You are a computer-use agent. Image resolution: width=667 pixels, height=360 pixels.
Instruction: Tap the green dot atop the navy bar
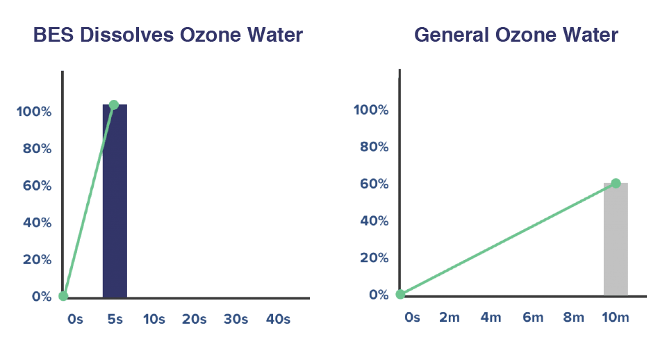click(114, 104)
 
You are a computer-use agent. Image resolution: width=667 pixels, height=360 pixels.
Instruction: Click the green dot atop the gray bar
click(616, 183)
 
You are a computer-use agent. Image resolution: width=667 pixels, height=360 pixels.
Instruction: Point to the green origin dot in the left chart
click(63, 296)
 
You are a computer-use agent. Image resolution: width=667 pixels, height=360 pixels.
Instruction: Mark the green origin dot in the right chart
click(400, 294)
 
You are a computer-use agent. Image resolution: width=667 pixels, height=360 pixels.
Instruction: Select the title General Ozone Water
click(516, 35)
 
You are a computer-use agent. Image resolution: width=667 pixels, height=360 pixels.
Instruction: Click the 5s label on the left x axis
click(115, 319)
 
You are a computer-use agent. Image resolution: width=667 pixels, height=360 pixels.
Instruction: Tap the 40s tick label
click(278, 319)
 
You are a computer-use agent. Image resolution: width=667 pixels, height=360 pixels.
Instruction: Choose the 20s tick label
click(195, 319)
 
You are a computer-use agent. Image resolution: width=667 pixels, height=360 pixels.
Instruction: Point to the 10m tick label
click(616, 317)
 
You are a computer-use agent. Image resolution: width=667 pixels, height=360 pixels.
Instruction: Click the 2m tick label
click(450, 317)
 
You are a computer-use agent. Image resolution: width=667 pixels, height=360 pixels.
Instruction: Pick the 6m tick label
click(533, 317)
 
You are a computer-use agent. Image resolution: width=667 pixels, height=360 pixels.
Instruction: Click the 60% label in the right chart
click(374, 184)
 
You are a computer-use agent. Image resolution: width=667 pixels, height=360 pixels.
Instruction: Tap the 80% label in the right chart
click(374, 147)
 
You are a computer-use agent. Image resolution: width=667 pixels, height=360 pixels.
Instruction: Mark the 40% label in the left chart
click(36, 222)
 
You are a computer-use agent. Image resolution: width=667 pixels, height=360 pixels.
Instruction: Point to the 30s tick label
click(236, 319)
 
